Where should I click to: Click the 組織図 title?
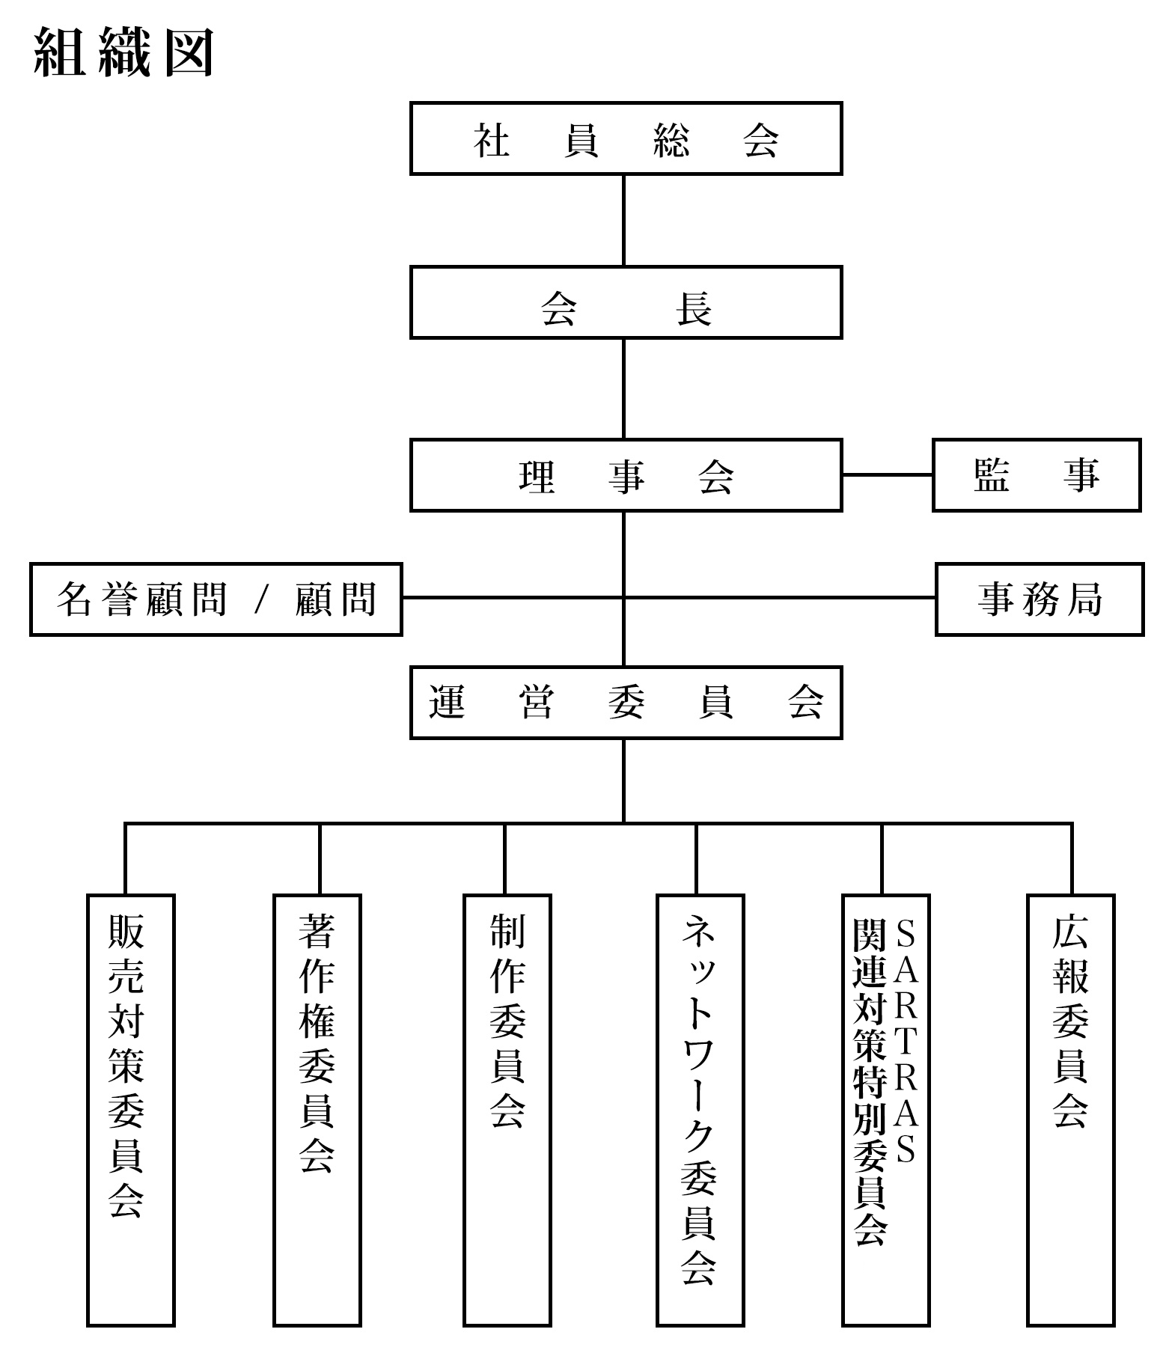[x=124, y=52]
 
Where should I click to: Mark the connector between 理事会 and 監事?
[x=888, y=474]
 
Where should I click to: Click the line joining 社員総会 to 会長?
[x=623, y=221]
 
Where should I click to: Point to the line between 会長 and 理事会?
[x=623, y=389]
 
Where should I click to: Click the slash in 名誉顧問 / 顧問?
[x=261, y=600]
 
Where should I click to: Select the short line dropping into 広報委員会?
[x=1072, y=859]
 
